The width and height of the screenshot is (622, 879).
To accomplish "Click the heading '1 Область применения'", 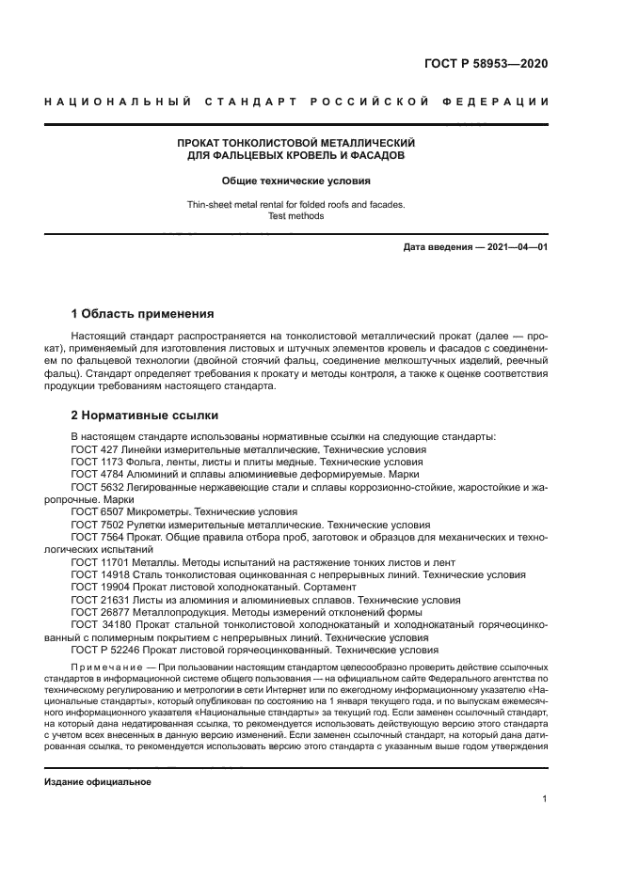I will click(x=143, y=313).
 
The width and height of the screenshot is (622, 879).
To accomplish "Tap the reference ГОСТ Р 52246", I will click(x=107, y=649).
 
